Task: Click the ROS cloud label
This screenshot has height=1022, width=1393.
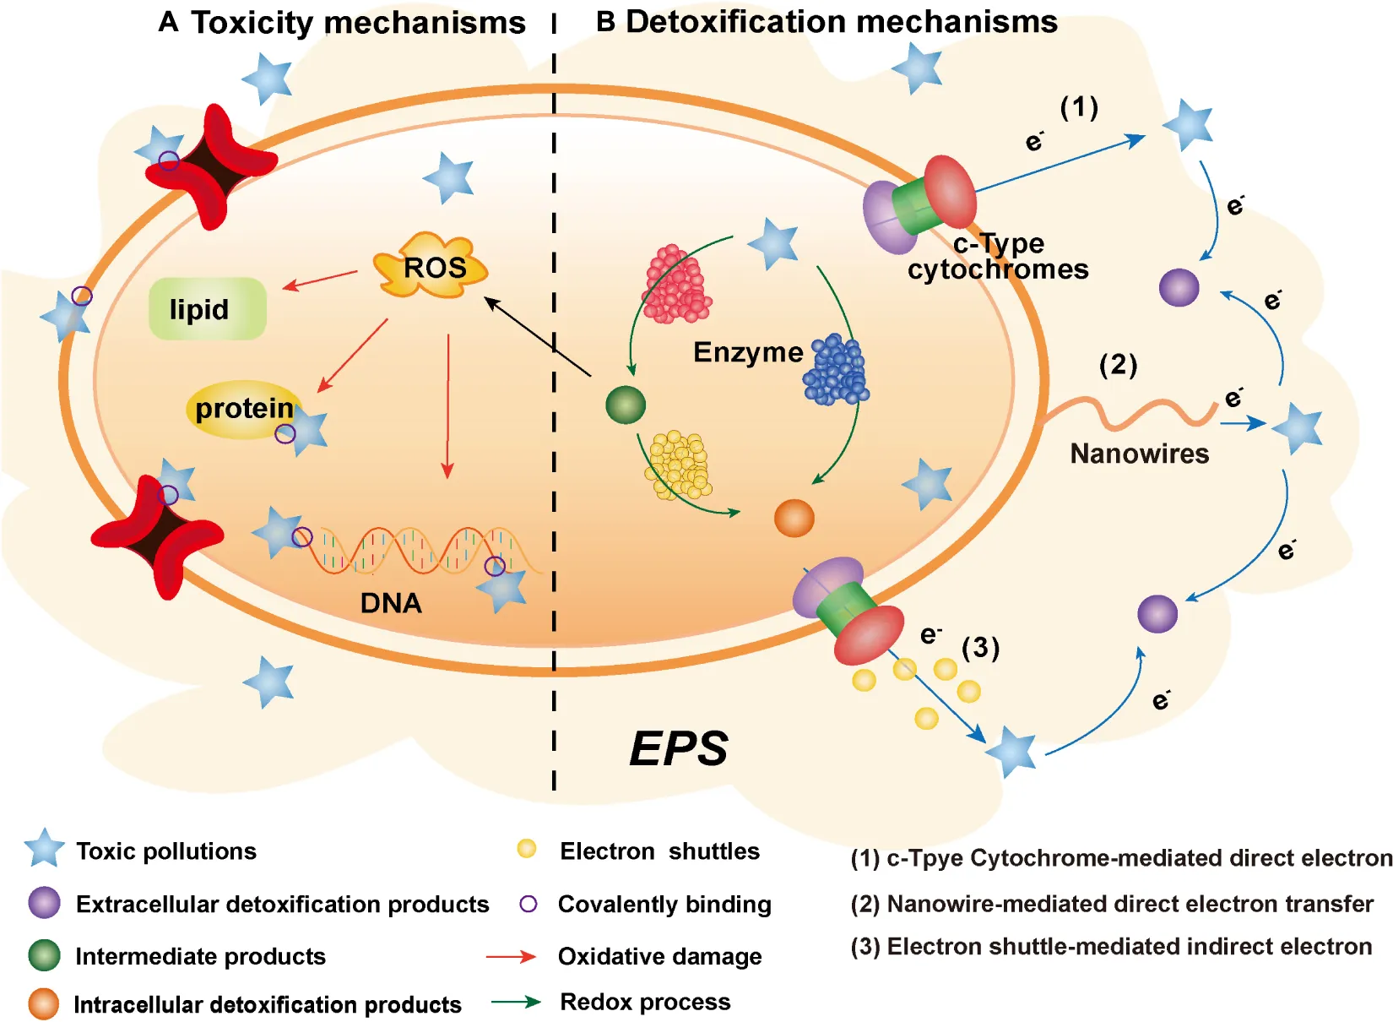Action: pyautogui.click(x=432, y=267)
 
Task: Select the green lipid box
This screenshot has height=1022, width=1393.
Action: pyautogui.click(x=207, y=309)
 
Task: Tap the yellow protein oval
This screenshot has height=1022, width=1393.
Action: pyautogui.click(x=243, y=410)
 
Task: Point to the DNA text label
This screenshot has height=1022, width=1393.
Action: pyautogui.click(x=390, y=603)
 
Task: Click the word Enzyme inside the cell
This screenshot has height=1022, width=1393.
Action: pyautogui.click(x=748, y=351)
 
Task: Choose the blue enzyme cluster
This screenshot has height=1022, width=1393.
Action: pyautogui.click(x=836, y=370)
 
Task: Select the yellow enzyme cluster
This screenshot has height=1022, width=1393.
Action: pyautogui.click(x=678, y=465)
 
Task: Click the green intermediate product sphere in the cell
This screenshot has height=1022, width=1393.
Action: pyautogui.click(x=626, y=405)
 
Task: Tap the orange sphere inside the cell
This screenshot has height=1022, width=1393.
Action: pyautogui.click(x=794, y=518)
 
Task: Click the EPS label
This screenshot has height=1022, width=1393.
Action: pyautogui.click(x=678, y=748)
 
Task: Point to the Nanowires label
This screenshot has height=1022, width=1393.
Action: pyautogui.click(x=1139, y=454)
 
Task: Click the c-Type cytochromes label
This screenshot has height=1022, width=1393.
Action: pyautogui.click(x=998, y=257)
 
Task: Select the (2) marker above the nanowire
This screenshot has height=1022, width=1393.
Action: pyautogui.click(x=1118, y=365)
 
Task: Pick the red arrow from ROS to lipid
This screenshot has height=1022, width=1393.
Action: pyautogui.click(x=320, y=280)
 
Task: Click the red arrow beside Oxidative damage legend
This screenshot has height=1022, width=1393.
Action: pyautogui.click(x=511, y=956)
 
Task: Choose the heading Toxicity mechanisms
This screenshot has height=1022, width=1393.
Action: pyautogui.click(x=358, y=23)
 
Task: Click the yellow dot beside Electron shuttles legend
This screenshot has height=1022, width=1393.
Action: pyautogui.click(x=527, y=849)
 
